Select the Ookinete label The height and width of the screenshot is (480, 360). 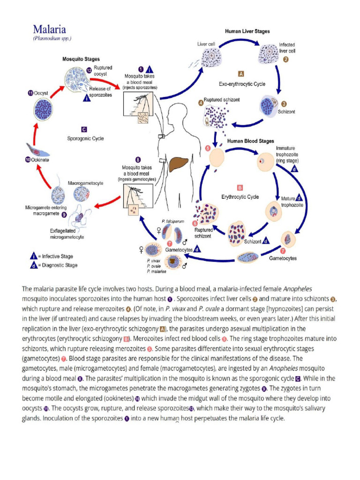[38, 160]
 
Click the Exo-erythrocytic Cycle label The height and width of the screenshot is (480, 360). [242, 84]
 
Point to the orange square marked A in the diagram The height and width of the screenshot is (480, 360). [241, 74]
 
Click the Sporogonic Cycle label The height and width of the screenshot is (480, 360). [85, 138]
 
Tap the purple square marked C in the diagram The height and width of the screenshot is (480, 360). [84, 129]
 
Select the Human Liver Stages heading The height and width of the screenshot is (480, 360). [247, 31]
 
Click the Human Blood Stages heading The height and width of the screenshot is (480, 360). [251, 141]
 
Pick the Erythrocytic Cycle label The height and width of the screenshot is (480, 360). [240, 197]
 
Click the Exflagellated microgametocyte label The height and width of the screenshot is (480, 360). [67, 234]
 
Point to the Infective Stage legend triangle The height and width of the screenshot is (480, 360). [34, 256]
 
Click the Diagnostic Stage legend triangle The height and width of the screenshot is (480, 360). [34, 265]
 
